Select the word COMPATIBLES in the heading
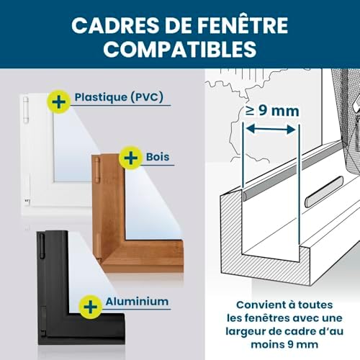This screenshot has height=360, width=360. (x=180, y=49)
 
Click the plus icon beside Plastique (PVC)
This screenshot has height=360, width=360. (x=59, y=102)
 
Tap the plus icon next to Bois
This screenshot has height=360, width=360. (x=131, y=158)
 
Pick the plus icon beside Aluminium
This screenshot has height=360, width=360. (x=91, y=307)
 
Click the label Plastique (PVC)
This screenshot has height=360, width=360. (x=119, y=97)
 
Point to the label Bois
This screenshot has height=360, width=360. (x=158, y=157)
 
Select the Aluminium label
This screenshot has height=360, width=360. (x=137, y=302)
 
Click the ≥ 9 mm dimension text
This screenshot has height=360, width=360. (x=272, y=111)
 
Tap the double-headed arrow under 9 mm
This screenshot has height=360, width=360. (x=271, y=130)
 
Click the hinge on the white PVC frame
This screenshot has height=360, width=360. (x=26, y=109)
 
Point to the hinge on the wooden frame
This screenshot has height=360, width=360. (x=96, y=170)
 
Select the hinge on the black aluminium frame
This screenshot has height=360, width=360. (x=42, y=246)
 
